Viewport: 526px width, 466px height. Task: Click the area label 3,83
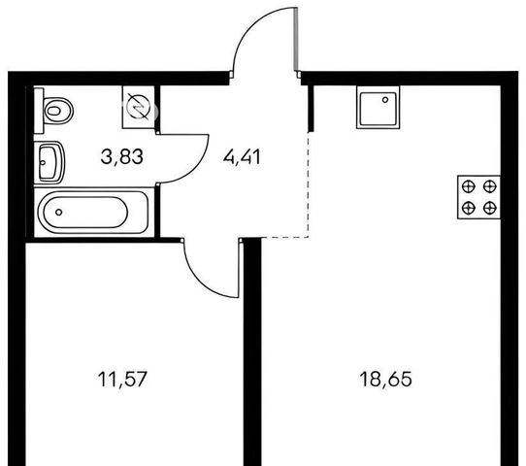click(x=122, y=157)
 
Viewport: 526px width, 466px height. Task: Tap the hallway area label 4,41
click(x=242, y=157)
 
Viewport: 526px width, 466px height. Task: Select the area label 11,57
click(x=122, y=380)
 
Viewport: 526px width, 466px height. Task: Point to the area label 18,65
click(x=385, y=380)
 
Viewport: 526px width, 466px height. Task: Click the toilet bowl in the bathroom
click(x=58, y=111)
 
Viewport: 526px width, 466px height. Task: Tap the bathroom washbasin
click(x=49, y=163)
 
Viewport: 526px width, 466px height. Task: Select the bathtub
click(x=94, y=212)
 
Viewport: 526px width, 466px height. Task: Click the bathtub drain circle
click(x=58, y=212)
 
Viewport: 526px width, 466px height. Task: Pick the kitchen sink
click(x=378, y=108)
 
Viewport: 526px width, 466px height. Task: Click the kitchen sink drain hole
click(x=385, y=100)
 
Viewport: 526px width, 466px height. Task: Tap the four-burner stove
click(x=478, y=197)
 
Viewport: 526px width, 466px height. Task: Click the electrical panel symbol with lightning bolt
click(x=138, y=107)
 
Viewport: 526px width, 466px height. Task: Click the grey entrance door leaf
click(x=296, y=39)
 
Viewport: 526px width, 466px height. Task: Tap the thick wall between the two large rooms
click(x=252, y=351)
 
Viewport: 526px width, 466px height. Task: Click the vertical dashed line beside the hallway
click(x=309, y=185)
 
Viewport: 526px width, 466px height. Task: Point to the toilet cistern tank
click(x=39, y=111)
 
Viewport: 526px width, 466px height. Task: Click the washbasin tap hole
click(x=43, y=163)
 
